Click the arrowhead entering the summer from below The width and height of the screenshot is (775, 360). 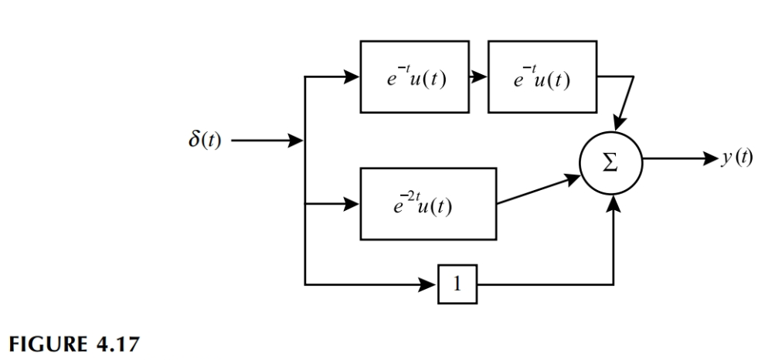(614, 202)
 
